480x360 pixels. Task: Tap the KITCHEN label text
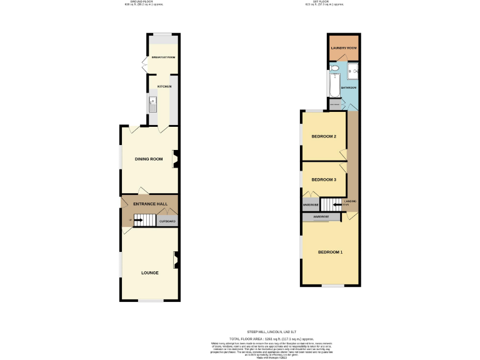tap(164, 86)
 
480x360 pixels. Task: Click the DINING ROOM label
tap(149, 159)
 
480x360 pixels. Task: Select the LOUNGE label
tap(149, 272)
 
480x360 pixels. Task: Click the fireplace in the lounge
tap(176, 259)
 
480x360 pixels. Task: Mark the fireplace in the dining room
tap(176, 159)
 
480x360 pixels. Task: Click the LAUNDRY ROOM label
tap(343, 48)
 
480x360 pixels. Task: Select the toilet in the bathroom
tap(334, 67)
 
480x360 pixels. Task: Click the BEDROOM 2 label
tap(324, 136)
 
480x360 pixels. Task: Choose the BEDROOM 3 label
tap(324, 179)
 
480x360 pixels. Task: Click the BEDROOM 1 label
tap(330, 252)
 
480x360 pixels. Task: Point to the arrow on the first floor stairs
tap(337, 204)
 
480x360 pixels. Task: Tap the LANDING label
tap(350, 201)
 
